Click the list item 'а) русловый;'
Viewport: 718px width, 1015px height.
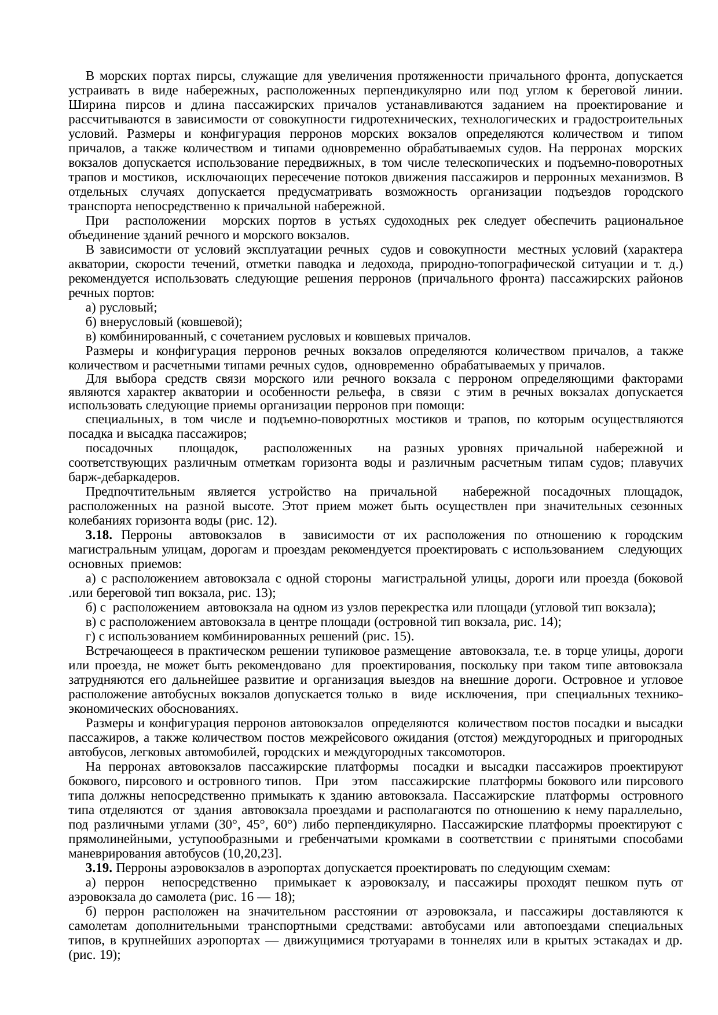click(x=120, y=308)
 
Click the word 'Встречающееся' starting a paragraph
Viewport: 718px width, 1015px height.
click(x=126, y=651)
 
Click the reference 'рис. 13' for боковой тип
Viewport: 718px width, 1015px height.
click(x=253, y=593)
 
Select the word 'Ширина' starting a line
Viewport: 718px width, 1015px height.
click(x=87, y=105)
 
